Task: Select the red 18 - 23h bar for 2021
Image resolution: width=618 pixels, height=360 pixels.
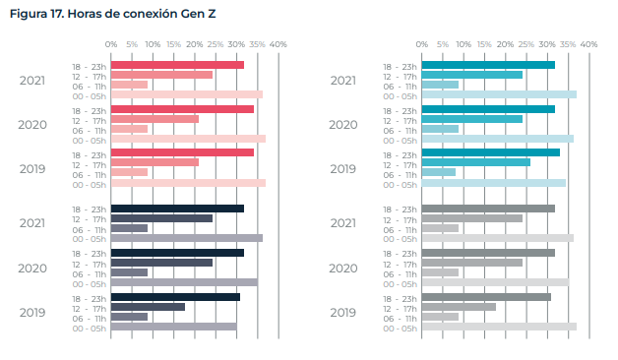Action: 177,65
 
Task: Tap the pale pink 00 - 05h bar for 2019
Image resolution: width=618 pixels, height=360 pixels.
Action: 188,183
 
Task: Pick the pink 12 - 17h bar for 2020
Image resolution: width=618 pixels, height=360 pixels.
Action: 154,119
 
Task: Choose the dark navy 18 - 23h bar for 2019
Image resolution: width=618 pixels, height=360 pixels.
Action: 175,297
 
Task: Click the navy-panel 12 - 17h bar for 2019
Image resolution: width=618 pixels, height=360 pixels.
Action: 148,307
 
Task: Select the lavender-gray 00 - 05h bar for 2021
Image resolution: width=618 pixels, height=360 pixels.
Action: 187,238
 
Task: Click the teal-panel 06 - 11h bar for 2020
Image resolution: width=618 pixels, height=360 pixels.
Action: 440,129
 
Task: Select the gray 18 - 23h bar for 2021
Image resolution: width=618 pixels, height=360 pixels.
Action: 488,209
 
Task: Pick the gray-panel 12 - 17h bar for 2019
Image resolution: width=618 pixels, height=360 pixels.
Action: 459,307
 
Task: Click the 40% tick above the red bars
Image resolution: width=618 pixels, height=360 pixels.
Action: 278,44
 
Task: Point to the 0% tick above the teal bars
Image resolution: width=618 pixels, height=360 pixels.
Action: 421,44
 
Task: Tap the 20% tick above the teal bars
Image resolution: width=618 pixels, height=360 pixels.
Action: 505,44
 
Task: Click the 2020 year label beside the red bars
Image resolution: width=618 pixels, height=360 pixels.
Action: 32,124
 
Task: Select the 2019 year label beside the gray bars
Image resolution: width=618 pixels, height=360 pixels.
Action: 342,312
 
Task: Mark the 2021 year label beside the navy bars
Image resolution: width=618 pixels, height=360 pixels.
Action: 32,223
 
